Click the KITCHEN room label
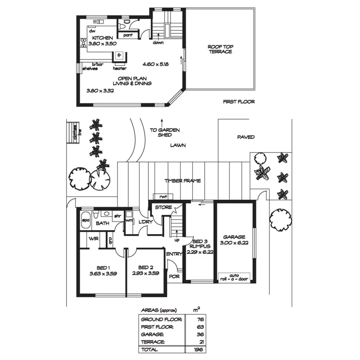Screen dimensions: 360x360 (x=102, y=38)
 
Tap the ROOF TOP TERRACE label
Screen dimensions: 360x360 (x=221, y=49)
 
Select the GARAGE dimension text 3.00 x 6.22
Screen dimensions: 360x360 (x=234, y=243)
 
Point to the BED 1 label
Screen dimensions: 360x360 (x=102, y=267)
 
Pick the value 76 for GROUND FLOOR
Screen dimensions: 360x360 (x=200, y=319)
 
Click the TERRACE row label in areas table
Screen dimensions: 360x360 (x=153, y=342)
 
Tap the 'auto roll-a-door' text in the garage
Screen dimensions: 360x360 (x=234, y=276)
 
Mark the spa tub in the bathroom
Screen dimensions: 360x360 (x=85, y=220)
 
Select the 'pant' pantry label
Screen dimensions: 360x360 (x=128, y=35)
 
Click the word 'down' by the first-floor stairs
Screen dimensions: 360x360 (x=158, y=42)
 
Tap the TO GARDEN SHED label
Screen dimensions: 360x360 (x=165, y=132)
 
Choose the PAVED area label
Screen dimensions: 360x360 (x=246, y=137)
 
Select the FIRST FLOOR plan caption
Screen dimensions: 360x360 (x=239, y=102)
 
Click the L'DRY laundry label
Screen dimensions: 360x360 (x=144, y=222)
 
